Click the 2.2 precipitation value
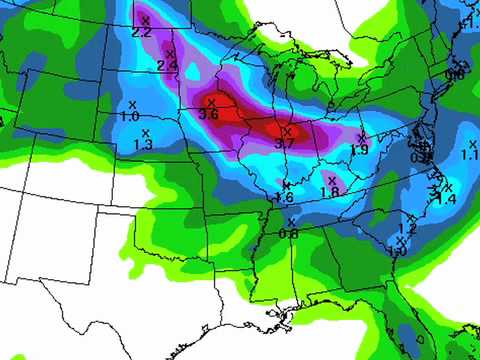pyautogui.click(x=142, y=33)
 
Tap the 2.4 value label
pyautogui.click(x=167, y=66)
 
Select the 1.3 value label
pyautogui.click(x=143, y=145)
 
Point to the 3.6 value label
pyautogui.click(x=209, y=115)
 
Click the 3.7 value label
pyautogui.click(x=285, y=144)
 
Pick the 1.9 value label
pyautogui.click(x=360, y=149)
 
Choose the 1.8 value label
pyautogui.click(x=331, y=191)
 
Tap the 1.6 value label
pyautogui.click(x=285, y=197)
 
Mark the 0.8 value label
pyautogui.click(x=289, y=234)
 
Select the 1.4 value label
pyautogui.click(x=446, y=200)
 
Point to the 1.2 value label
pyautogui.click(x=407, y=229)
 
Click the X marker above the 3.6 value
pyautogui.click(x=211, y=102)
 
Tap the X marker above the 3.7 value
pyautogui.click(x=287, y=131)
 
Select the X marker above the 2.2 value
pyautogui.click(x=145, y=20)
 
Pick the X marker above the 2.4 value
pyautogui.click(x=167, y=53)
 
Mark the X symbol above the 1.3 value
pyautogui.click(x=145, y=132)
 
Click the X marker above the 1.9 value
pyautogui.click(x=361, y=137)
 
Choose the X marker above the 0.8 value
pyautogui.click(x=291, y=222)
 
